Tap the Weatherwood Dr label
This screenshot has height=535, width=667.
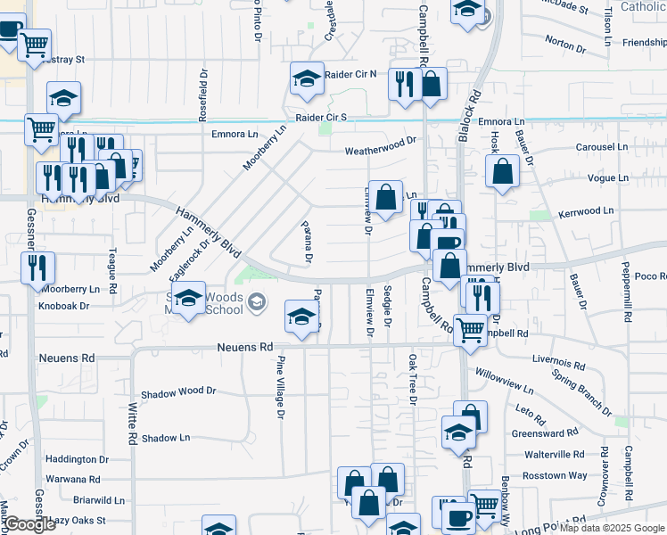382,140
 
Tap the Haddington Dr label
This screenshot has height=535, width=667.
77,460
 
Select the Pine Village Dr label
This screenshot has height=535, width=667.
280,387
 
